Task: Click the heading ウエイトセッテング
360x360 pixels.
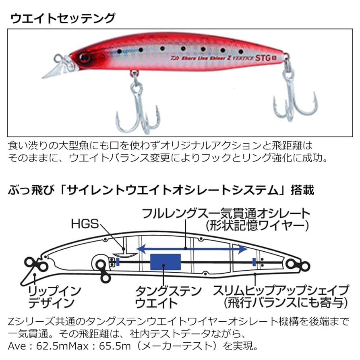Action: tap(62, 19)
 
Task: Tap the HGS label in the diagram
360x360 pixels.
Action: tap(85, 223)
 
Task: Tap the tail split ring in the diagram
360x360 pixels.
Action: tap(302, 265)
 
